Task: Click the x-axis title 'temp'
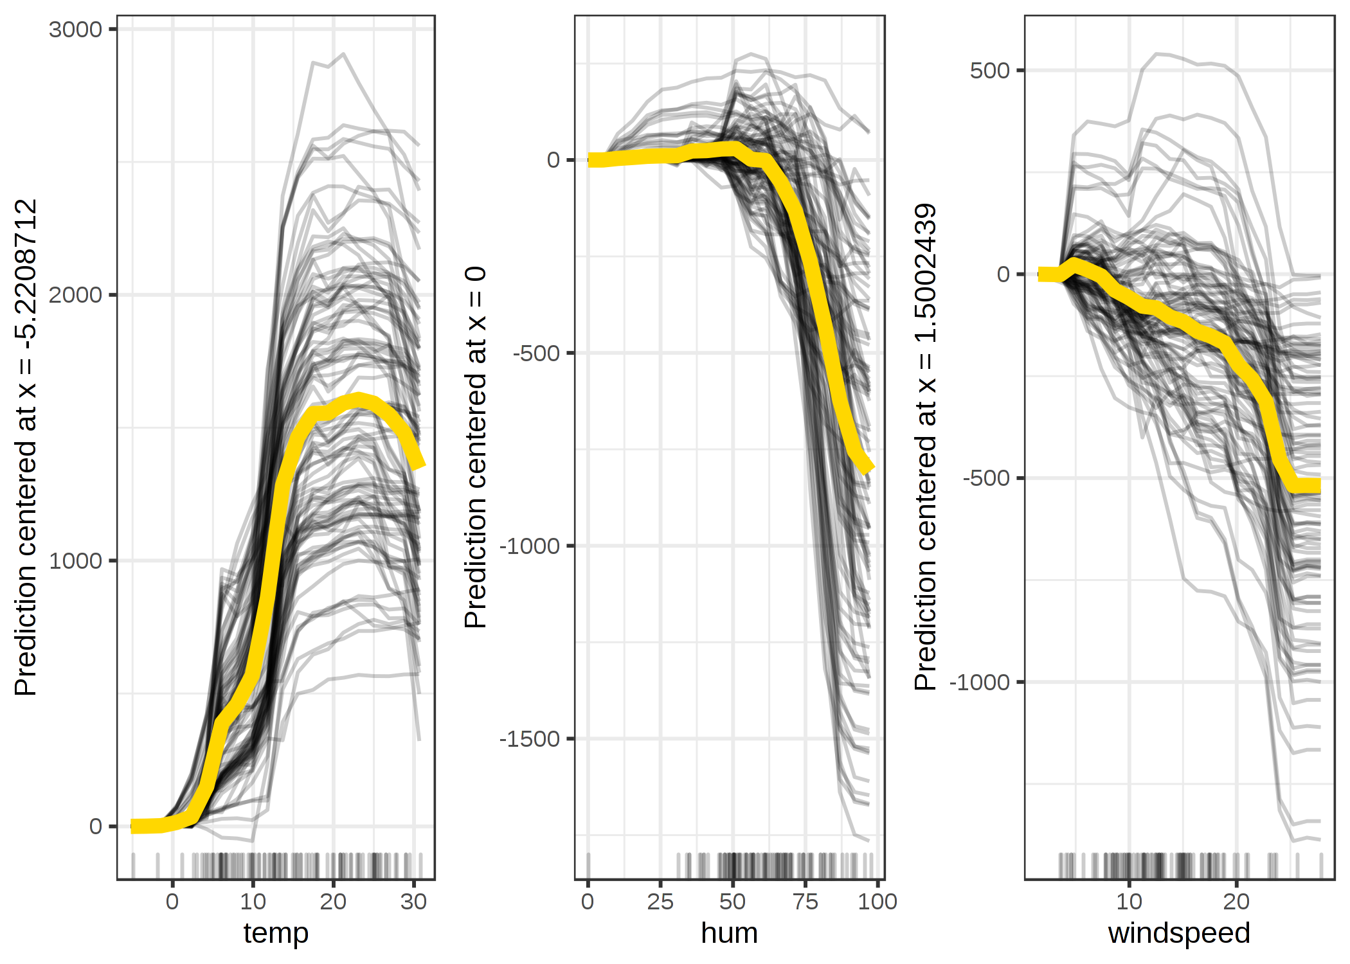[x=276, y=933]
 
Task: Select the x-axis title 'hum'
[x=729, y=933]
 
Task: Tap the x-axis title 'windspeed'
[x=1178, y=933]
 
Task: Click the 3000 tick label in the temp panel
[x=75, y=30]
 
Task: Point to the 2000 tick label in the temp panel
[x=75, y=295]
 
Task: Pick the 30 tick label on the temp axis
[x=413, y=902]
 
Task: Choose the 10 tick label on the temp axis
[x=253, y=902]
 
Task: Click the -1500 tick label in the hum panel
[x=530, y=739]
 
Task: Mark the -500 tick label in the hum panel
[x=536, y=353]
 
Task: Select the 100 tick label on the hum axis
[x=878, y=902]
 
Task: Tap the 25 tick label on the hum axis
[x=660, y=902]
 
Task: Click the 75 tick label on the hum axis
[x=805, y=902]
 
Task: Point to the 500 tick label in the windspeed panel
[x=990, y=70]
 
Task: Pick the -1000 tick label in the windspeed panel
[x=980, y=682]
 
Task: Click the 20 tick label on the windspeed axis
[x=1236, y=902]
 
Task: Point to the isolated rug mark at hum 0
[x=588, y=865]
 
